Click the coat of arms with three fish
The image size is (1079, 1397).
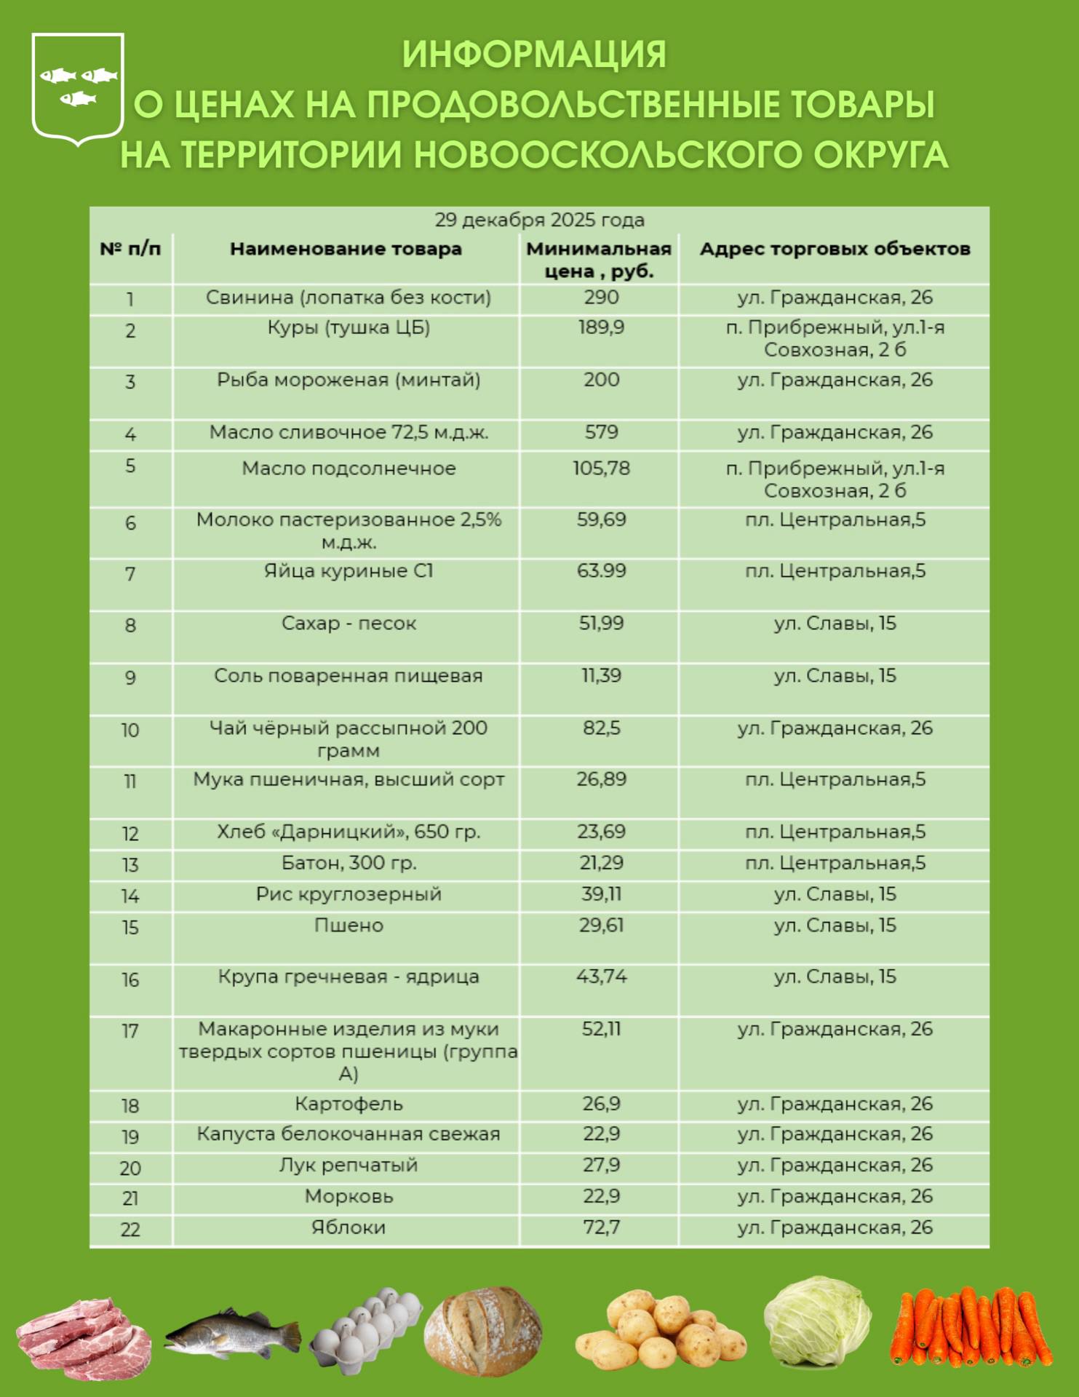coord(78,88)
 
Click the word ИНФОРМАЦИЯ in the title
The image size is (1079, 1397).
coord(534,55)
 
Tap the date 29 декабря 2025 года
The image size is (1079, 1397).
coord(539,220)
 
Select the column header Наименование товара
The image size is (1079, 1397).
coord(346,249)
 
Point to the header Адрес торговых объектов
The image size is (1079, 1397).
coord(835,249)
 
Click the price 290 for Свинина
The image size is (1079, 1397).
coord(601,298)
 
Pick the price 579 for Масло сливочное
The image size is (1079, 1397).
coord(601,432)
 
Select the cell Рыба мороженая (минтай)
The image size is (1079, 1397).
coord(349,380)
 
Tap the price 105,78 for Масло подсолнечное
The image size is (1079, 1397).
coord(601,469)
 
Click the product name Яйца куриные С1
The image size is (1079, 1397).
coord(349,571)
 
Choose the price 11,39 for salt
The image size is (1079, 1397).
coord(601,676)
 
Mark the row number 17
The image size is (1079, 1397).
coord(130,1031)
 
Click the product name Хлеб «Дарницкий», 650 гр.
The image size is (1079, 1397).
coord(349,832)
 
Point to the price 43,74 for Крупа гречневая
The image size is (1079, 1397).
coord(601,976)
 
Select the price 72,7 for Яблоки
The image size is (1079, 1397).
coord(601,1227)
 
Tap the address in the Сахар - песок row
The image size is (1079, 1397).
coord(835,624)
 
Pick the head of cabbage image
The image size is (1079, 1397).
coord(817,1321)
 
